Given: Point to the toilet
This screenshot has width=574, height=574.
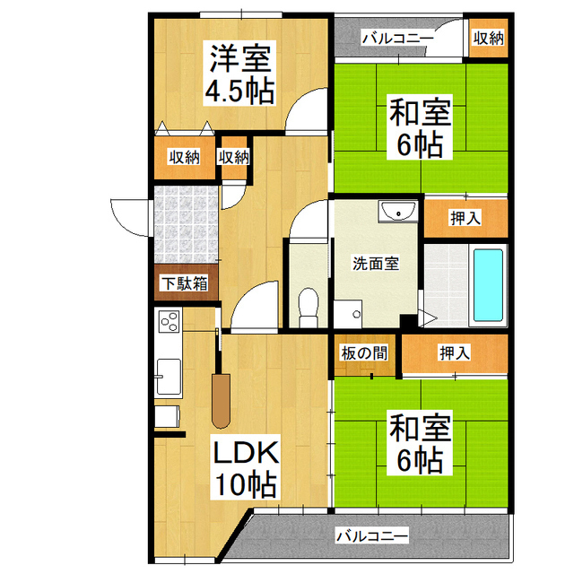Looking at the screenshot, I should (307, 305).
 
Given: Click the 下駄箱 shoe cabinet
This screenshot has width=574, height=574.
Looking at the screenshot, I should (184, 283).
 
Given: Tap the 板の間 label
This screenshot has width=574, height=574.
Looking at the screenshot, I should (364, 352).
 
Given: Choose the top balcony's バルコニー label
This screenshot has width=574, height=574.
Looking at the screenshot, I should (397, 38).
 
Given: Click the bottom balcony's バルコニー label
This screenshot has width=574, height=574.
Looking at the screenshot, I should (370, 536).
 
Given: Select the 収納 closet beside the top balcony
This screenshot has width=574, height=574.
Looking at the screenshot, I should (489, 38).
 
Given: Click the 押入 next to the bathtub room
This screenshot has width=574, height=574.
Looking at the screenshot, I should (465, 218).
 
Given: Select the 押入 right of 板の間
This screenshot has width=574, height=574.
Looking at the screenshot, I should (454, 352).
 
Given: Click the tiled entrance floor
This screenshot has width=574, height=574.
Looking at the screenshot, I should (185, 223).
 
